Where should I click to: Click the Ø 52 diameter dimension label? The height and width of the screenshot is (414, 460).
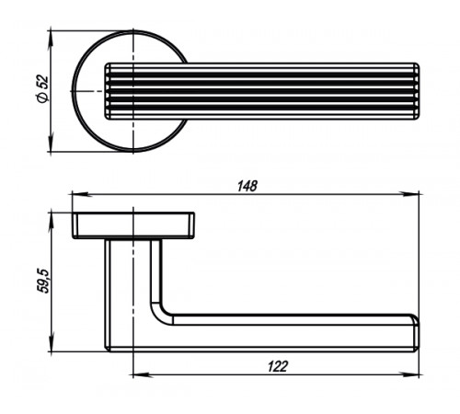tap(42, 89)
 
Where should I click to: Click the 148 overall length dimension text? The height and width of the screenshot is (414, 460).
tap(247, 186)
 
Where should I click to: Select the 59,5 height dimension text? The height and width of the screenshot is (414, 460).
tap(42, 282)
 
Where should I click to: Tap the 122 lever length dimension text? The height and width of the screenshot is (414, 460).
tap(278, 366)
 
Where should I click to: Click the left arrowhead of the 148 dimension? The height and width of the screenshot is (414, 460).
tap(80, 194)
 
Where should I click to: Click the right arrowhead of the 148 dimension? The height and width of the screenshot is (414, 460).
tap(410, 194)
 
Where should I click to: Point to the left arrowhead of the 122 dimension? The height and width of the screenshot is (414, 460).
tap(142, 374)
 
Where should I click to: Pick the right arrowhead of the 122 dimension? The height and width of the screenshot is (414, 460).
tap(410, 374)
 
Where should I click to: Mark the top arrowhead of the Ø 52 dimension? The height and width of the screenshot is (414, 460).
tap(51, 40)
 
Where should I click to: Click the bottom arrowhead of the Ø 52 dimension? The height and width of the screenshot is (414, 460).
tap(51, 143)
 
